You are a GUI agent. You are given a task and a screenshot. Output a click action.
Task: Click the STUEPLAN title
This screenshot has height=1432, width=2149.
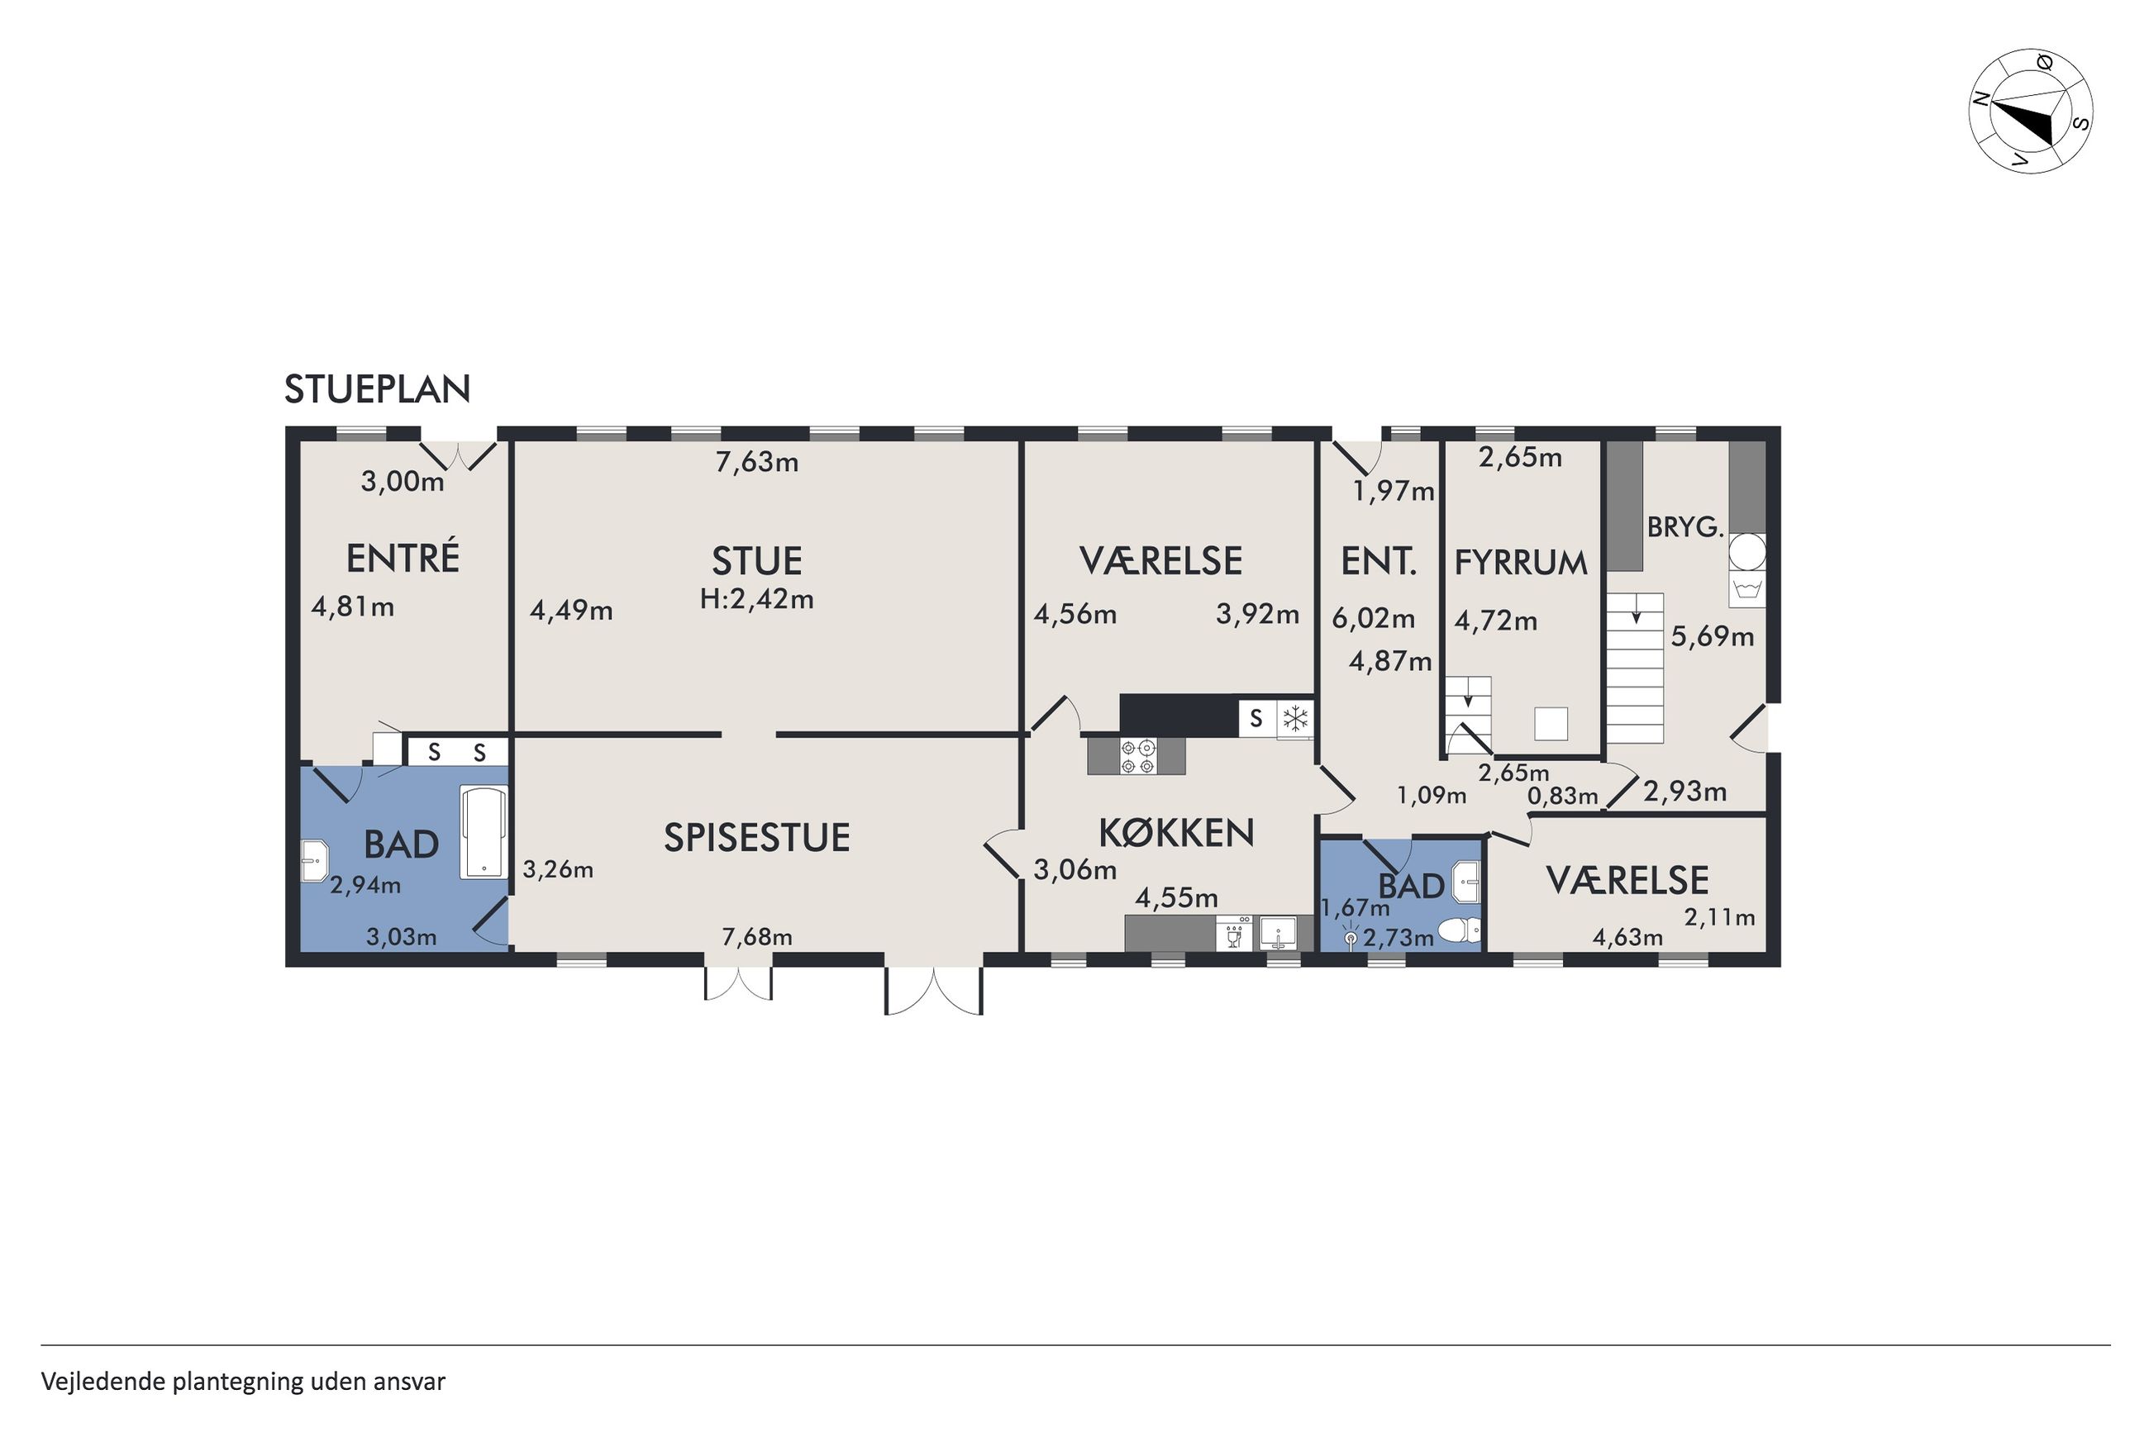click(x=377, y=390)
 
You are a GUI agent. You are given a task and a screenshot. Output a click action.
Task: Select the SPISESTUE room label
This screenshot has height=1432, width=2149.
click(x=756, y=837)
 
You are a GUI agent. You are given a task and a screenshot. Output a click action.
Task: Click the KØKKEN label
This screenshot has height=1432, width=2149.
click(x=1175, y=832)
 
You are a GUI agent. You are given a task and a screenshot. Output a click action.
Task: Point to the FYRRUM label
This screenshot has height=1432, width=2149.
click(x=1520, y=563)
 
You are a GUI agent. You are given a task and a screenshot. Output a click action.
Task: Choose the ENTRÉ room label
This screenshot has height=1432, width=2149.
click(x=402, y=557)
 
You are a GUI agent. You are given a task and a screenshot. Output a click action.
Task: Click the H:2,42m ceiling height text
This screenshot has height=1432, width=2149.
click(x=756, y=599)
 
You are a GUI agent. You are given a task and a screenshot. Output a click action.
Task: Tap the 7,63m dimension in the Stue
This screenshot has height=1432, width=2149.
click(x=756, y=462)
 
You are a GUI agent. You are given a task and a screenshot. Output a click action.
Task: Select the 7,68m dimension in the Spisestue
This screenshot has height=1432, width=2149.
click(x=756, y=936)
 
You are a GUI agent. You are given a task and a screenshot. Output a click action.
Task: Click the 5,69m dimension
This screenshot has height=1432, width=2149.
click(x=1713, y=635)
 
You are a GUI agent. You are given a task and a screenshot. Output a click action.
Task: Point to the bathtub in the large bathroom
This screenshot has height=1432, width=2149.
click(x=484, y=832)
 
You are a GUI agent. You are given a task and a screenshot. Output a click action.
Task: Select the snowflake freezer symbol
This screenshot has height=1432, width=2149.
click(x=1295, y=718)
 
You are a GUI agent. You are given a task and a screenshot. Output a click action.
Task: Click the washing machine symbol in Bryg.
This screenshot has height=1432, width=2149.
click(x=1746, y=589)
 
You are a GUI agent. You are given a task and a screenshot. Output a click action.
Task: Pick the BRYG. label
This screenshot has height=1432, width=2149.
click(x=1685, y=528)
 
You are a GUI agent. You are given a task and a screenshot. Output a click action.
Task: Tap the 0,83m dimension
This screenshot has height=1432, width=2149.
click(x=1563, y=796)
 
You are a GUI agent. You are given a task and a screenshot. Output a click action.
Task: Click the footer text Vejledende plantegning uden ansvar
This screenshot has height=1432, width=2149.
click(x=243, y=1382)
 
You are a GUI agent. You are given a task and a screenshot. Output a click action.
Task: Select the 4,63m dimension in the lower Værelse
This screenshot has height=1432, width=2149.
click(x=1627, y=937)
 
